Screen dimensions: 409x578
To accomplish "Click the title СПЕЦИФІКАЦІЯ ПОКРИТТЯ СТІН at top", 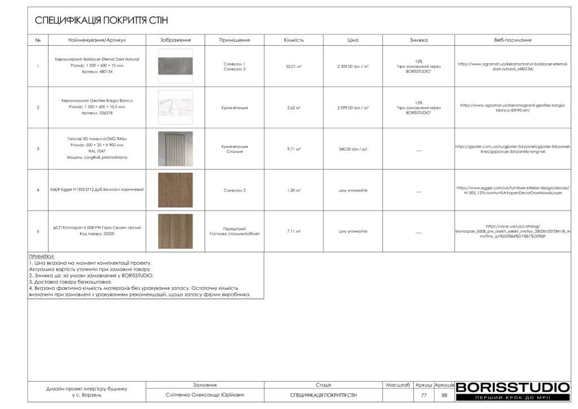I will tap(101, 21).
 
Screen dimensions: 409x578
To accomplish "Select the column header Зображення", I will tap(176, 40).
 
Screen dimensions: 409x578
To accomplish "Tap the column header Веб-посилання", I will tap(513, 40).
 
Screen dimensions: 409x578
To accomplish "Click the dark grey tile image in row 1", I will tap(175, 66).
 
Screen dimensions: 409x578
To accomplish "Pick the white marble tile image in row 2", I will tap(175, 107).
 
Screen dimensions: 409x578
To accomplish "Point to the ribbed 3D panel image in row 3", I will tap(175, 149).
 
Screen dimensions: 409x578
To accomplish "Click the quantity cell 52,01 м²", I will tap(294, 66).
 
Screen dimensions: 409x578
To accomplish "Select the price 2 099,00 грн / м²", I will tap(353, 107).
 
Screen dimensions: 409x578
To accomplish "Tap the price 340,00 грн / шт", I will tap(353, 149).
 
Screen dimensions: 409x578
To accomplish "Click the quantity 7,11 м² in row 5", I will tap(294, 231).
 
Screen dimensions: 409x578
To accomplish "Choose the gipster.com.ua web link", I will tap(513, 149).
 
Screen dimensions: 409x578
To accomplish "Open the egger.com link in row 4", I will tap(513, 190).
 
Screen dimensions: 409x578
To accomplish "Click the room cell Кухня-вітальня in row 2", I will tap(234, 107).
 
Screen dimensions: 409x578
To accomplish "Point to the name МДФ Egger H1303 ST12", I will tap(96, 190).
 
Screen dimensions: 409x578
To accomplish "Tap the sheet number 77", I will tap(424, 395).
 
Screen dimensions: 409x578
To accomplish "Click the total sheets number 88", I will tap(444, 395).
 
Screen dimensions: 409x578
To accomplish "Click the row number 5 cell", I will tap(38, 231).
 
